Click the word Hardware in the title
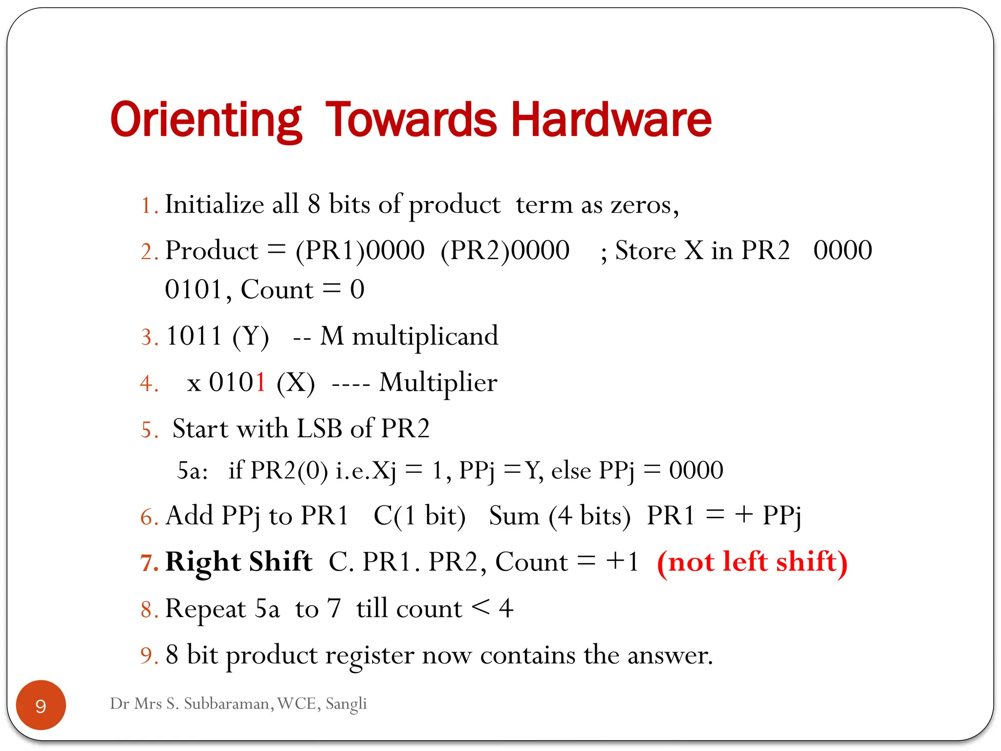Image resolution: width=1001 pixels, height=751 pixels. click(611, 120)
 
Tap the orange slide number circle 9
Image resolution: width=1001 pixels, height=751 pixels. click(41, 705)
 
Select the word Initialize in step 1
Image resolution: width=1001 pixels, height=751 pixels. click(214, 204)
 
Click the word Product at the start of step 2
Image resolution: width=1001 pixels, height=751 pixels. click(211, 251)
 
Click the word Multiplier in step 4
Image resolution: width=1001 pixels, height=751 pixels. click(438, 383)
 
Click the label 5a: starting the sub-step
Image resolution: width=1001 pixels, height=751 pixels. click(192, 471)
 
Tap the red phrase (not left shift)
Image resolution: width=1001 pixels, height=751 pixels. click(752, 562)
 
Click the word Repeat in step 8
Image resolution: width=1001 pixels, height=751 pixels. click(205, 609)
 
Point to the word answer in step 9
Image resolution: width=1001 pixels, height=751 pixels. click(669, 656)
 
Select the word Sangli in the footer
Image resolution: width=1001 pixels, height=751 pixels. click(346, 704)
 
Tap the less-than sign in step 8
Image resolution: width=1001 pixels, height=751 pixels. click(480, 608)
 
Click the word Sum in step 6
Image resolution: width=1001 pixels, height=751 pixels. click(514, 516)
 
